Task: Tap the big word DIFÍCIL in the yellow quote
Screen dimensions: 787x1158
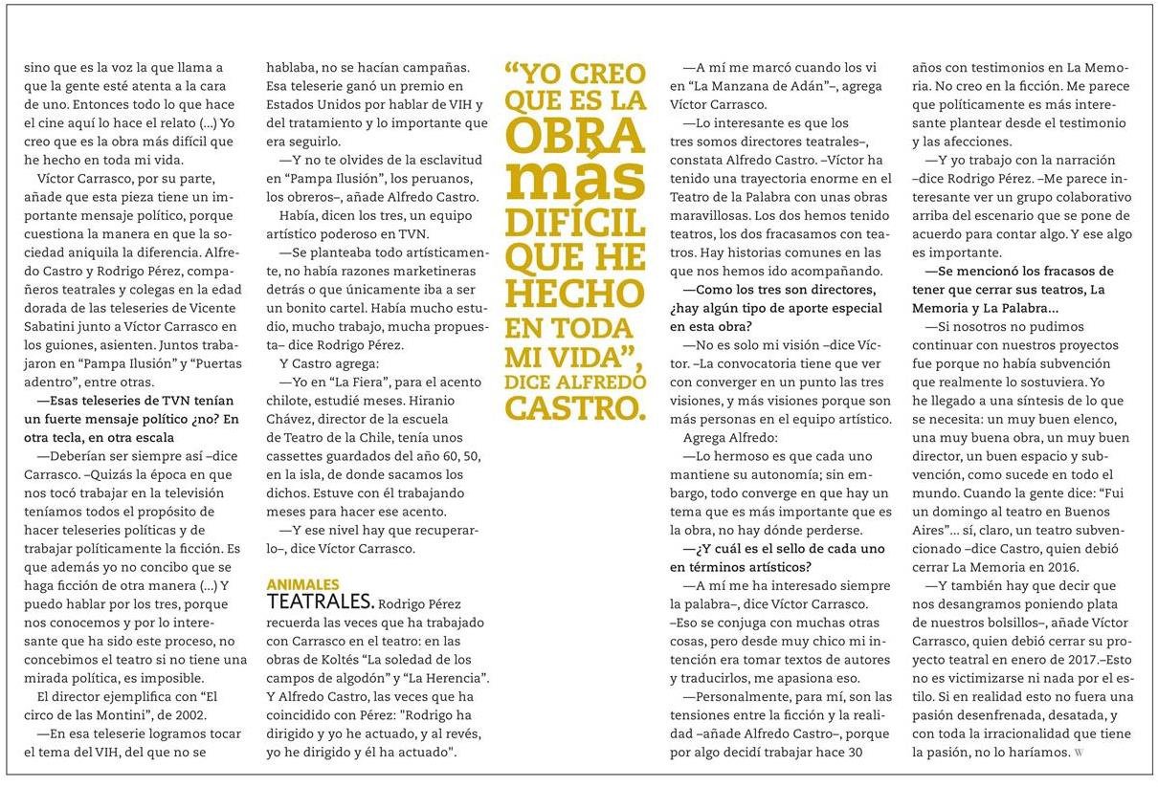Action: point(574,222)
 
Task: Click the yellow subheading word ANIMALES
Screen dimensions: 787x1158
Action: point(302,584)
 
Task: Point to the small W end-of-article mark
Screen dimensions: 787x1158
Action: point(1080,753)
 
